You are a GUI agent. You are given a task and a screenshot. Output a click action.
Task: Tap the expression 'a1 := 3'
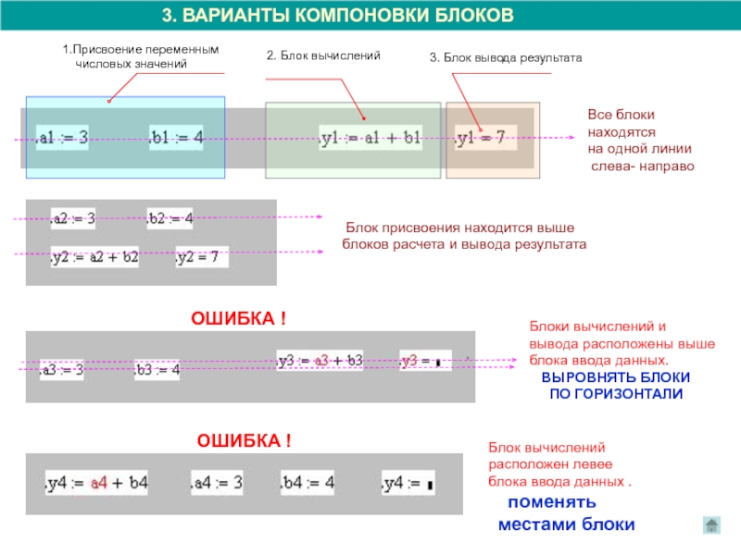63,138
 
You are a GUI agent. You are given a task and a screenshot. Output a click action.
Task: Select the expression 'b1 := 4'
176,138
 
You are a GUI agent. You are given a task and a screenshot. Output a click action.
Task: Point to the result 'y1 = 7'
481,138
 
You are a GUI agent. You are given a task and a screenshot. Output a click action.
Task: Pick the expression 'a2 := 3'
72,219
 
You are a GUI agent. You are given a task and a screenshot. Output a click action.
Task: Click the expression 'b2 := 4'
170,219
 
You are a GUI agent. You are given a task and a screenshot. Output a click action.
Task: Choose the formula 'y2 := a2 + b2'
94,257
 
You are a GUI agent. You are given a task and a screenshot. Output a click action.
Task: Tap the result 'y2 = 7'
197,257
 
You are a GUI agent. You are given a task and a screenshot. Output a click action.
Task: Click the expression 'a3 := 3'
62,370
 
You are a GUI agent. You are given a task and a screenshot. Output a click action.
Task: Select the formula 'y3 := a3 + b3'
320,360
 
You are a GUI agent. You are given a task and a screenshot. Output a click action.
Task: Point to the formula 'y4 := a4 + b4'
97,483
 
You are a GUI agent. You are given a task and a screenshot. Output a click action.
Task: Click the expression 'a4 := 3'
217,483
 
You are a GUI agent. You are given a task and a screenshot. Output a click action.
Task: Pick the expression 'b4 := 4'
308,483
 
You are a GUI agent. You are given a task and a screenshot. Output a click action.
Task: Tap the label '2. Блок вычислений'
323,56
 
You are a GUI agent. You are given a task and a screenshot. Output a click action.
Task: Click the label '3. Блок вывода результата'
506,57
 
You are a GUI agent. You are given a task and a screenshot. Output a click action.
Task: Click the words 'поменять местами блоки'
566,513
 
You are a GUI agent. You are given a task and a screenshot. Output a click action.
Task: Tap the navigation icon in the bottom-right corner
710,524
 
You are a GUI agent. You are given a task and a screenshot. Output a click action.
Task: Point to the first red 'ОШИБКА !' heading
238,319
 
